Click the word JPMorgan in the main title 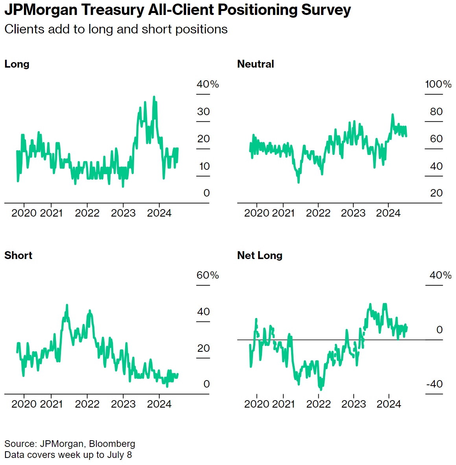coord(41,10)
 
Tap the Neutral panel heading coord(255,64)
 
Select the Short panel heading coord(18,255)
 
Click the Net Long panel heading coord(260,255)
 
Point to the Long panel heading coord(17,64)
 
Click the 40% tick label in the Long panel coord(208,84)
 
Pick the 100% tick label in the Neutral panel coord(438,84)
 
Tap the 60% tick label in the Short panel coord(208,275)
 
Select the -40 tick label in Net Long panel coord(434,384)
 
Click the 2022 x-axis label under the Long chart coord(87,213)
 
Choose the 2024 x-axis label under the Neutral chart coord(388,213)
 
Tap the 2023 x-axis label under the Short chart coord(123,404)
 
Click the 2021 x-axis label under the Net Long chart coord(283,404)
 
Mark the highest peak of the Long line coord(154,97)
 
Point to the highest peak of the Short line coord(67,305)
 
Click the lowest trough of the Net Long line coord(321,390)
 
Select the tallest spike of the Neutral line coord(392,114)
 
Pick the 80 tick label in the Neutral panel coord(436,112)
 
